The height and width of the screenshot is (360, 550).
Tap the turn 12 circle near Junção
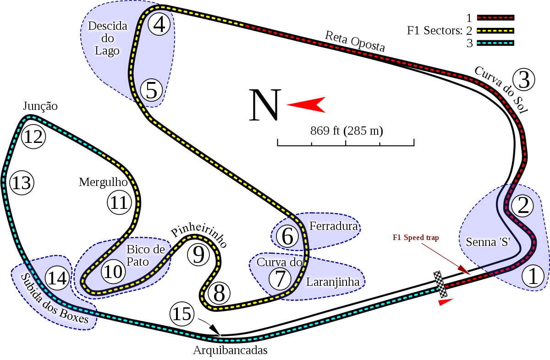point(33,136)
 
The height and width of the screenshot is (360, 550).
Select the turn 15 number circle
point(182,314)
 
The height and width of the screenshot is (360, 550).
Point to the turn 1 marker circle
point(533,276)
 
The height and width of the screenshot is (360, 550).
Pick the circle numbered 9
point(198,254)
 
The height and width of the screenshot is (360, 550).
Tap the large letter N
point(264,106)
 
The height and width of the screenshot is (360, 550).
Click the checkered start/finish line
point(440,284)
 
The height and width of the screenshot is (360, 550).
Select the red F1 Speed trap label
point(416,238)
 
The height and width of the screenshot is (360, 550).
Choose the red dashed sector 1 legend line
point(495,18)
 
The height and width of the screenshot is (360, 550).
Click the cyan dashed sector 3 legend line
point(495,43)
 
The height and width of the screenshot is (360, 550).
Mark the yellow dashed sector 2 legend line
point(495,31)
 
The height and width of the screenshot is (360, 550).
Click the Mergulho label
point(102,182)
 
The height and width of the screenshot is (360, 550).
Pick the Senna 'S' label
point(488,242)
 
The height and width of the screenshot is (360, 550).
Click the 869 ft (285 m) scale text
point(346,131)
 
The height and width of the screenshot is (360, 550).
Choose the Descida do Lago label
point(107,38)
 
